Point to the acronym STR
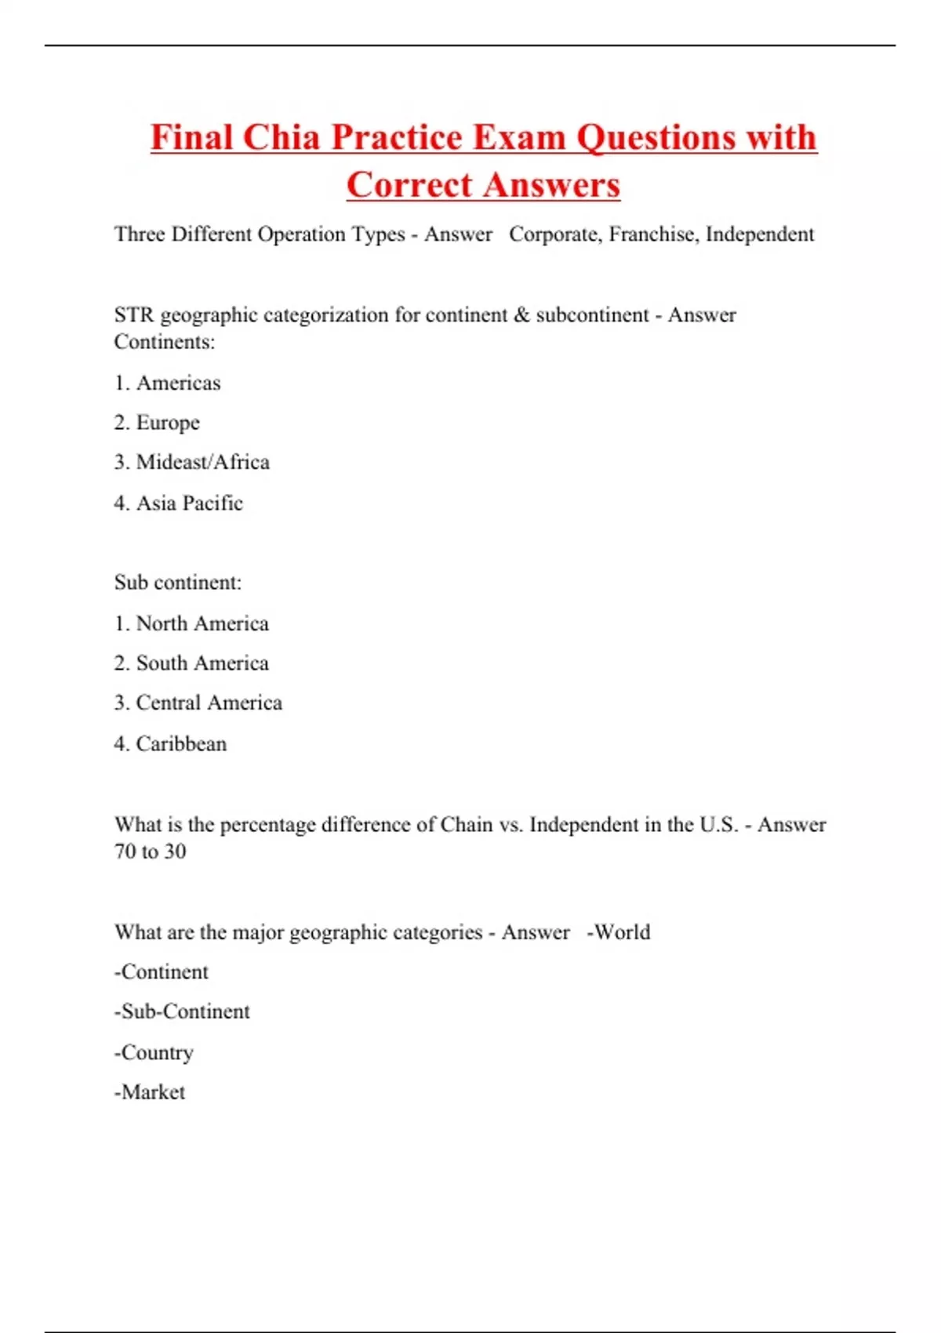[x=133, y=314]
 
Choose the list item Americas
[x=178, y=383]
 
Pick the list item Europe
[x=168, y=423]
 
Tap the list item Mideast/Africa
[x=202, y=462]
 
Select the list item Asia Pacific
[x=189, y=503]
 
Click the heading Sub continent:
[x=178, y=583]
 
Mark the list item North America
[x=202, y=623]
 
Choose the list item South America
[x=202, y=663]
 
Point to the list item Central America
[x=209, y=703]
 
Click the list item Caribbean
[x=181, y=743]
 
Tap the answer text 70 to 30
[x=151, y=852]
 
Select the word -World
[x=619, y=932]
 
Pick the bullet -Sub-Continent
[x=182, y=1012]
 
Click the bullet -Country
[x=154, y=1052]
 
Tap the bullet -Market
[x=150, y=1092]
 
